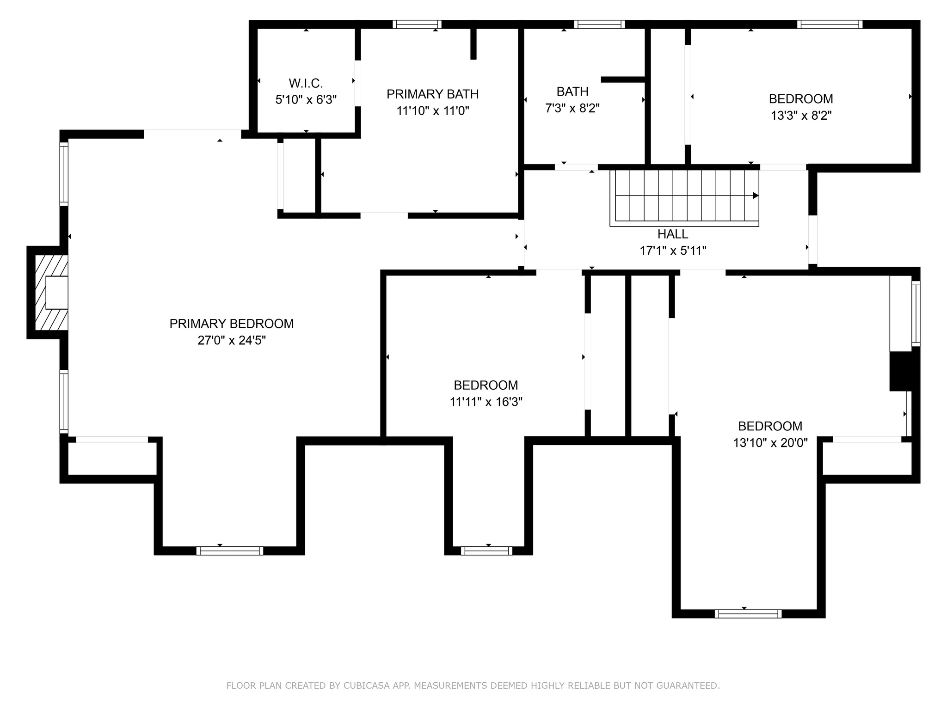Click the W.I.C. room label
(306, 83)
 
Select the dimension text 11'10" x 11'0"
(433, 111)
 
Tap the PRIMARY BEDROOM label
(231, 324)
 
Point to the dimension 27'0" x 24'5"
(231, 341)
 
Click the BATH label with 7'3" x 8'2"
(572, 92)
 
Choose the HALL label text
(672, 234)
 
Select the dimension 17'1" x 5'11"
(672, 251)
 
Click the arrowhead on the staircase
(756, 196)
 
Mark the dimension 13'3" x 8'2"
(801, 116)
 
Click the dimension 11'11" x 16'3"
(486, 402)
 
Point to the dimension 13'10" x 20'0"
(770, 443)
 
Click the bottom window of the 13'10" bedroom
(748, 614)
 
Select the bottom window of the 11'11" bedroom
(486, 551)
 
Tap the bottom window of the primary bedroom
(229, 551)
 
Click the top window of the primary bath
(417, 24)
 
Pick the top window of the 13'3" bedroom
(830, 24)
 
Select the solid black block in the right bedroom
(901, 371)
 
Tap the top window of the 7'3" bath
(599, 24)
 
